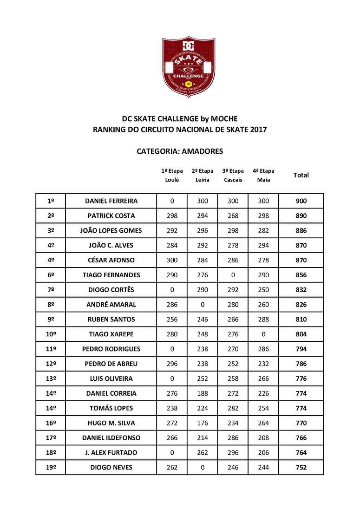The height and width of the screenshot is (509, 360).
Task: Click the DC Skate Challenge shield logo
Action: [189, 67]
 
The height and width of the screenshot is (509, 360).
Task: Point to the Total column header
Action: [301, 175]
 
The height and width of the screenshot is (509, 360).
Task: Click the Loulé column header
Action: [172, 180]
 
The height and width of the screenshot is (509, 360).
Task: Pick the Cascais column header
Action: [233, 180]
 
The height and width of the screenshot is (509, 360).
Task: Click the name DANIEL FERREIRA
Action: [111, 201]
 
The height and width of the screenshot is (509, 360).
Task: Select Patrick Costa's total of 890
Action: [301, 216]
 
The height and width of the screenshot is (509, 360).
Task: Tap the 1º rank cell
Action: [51, 201]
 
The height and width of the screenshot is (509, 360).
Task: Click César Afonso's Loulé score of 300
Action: [172, 260]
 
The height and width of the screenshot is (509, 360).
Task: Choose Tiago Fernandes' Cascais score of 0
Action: [233, 275]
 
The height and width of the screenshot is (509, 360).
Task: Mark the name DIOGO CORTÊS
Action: [111, 290]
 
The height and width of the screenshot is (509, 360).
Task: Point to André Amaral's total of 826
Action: [301, 305]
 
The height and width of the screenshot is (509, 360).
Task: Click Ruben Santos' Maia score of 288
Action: [263, 320]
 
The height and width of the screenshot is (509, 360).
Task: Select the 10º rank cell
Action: [51, 334]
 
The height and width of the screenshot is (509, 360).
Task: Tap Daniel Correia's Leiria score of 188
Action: [202, 393]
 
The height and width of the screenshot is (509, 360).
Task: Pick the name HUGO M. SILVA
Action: [111, 423]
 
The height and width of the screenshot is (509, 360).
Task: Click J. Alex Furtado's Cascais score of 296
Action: [233, 453]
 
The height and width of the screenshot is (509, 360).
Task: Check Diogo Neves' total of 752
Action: [301, 468]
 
